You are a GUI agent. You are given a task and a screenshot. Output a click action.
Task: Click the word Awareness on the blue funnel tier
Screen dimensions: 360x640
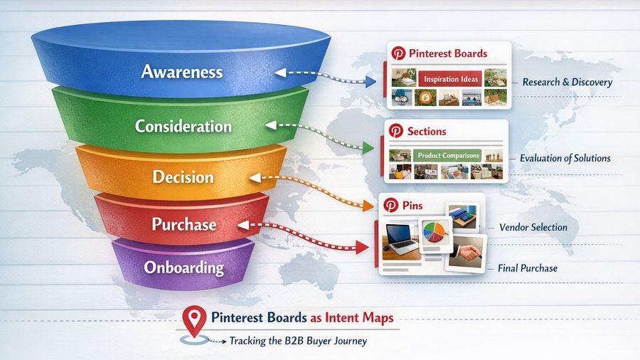tap(181, 72)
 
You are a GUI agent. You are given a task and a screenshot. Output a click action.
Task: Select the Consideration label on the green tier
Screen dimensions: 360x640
tap(183, 127)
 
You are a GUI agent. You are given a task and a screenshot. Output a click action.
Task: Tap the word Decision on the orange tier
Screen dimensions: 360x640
tap(183, 176)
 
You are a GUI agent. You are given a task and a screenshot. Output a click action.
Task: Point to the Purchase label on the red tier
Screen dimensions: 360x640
tap(183, 224)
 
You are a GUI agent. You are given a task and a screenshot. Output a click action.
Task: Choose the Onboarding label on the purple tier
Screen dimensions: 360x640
tap(183, 268)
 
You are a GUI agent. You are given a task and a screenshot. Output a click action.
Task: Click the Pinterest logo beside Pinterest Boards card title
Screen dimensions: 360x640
tap(399, 53)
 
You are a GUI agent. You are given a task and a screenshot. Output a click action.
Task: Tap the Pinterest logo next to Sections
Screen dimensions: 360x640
tap(397, 131)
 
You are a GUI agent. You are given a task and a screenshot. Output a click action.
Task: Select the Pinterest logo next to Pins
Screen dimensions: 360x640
tap(390, 205)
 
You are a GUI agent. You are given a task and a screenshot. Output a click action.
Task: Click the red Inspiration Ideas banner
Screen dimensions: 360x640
tap(449, 78)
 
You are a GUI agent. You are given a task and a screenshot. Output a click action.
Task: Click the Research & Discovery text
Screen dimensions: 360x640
tap(567, 83)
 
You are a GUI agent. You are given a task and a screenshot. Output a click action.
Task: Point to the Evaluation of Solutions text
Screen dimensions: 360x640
tap(565, 158)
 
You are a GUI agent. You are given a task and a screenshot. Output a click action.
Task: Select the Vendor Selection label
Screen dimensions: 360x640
tap(533, 228)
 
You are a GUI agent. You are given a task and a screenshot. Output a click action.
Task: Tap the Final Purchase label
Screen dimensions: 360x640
tap(528, 268)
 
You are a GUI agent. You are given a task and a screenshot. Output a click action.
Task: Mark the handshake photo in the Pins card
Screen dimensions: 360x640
tap(465, 253)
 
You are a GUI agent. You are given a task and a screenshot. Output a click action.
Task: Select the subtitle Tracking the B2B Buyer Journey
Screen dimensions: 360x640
tap(297, 341)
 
